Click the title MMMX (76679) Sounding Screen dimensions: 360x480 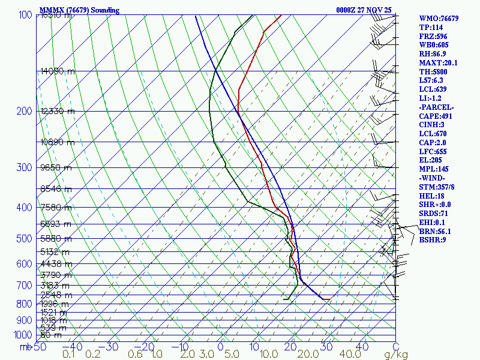pos(79,10)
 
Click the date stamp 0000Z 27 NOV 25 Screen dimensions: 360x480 pos(364,10)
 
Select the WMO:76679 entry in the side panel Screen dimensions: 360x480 pos(439,19)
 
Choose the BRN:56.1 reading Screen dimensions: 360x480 pos(435,231)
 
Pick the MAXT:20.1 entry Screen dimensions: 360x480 pos(438,62)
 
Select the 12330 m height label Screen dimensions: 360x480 pos(58,111)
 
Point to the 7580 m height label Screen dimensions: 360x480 pos(56,208)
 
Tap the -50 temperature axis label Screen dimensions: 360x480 pos(38,347)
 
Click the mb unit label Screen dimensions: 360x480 pos(25,347)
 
